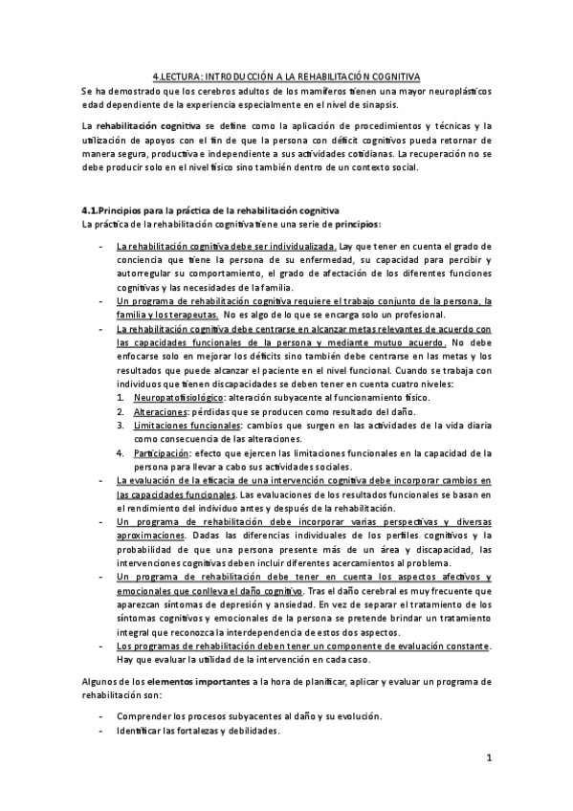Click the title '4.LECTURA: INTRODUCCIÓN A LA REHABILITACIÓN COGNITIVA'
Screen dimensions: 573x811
point(286,77)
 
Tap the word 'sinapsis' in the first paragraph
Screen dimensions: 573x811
point(405,104)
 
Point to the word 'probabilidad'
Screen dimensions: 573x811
point(145,550)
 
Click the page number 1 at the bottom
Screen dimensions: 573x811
point(487,759)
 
